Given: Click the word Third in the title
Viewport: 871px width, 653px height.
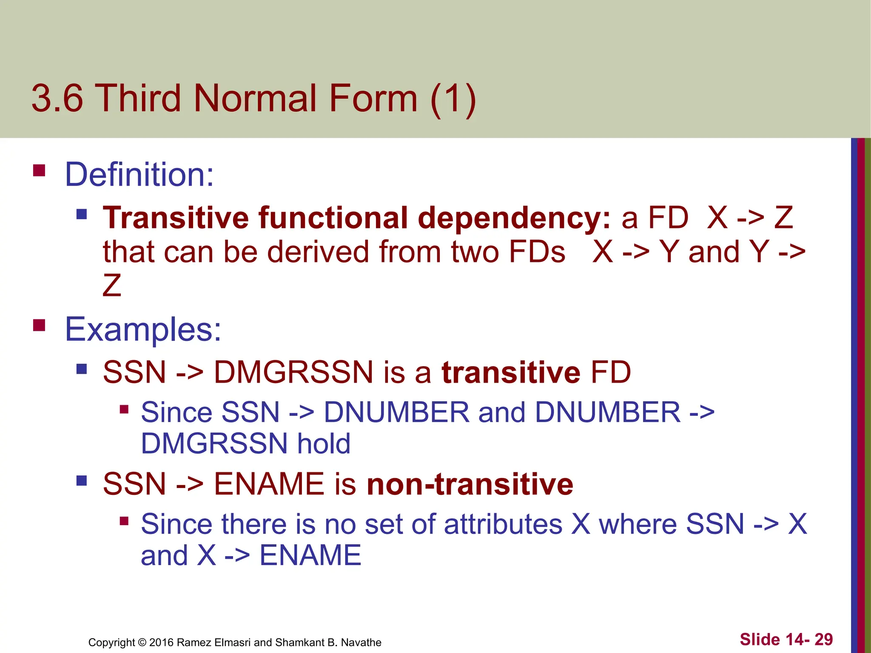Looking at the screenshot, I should [x=140, y=98].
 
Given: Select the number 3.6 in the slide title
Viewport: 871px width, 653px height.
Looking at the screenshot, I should [x=57, y=98].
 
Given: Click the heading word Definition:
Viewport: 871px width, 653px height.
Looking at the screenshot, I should [x=139, y=175].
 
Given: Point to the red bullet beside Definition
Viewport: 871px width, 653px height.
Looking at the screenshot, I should [x=39, y=170].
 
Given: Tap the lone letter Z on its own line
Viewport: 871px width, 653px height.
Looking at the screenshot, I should [x=112, y=285].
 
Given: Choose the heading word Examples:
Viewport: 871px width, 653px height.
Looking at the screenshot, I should [x=143, y=329].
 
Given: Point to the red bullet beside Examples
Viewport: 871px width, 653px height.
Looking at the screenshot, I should [x=39, y=325].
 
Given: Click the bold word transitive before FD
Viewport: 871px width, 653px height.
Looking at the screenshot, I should [x=511, y=372].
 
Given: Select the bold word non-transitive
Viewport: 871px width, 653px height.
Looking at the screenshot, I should [x=470, y=484].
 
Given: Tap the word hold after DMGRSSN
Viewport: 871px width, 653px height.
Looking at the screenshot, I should [x=324, y=443].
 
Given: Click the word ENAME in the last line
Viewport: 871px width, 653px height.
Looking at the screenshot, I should [x=310, y=555].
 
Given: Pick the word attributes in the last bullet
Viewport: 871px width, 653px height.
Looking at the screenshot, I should [x=503, y=524].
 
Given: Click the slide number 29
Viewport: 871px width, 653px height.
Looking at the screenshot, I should [x=823, y=639].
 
